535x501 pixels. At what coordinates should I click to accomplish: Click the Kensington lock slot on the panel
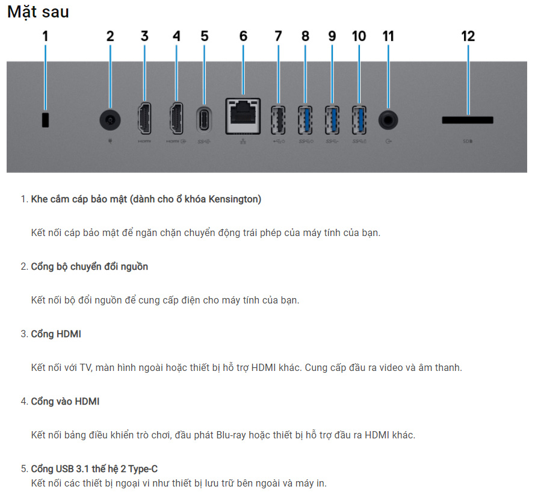[45, 120]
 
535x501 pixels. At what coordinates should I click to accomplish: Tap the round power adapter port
[110, 120]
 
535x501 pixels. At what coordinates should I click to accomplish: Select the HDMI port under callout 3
[144, 119]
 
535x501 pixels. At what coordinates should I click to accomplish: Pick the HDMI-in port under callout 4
[176, 119]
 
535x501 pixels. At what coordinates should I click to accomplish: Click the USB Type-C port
[204, 120]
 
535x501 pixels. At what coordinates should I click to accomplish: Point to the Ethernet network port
[243, 116]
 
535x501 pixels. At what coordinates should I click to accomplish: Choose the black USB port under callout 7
[278, 120]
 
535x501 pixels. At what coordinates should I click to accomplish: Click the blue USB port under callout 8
[305, 120]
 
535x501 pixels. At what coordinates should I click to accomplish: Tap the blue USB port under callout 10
[359, 120]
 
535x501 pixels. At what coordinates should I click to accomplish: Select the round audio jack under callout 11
[388, 120]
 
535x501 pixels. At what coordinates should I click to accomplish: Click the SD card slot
[468, 120]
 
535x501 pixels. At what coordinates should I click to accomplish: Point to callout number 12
[468, 36]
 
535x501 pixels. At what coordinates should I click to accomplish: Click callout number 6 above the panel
[243, 36]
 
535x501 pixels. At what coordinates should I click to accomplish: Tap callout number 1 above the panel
[45, 36]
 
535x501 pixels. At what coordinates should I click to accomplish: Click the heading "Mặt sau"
[39, 12]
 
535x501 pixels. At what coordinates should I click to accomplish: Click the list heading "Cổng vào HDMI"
[65, 401]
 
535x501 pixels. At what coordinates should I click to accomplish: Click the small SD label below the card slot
[468, 141]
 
